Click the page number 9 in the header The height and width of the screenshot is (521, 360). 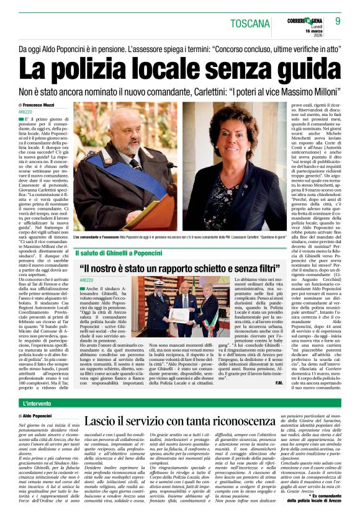pos(338,21)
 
